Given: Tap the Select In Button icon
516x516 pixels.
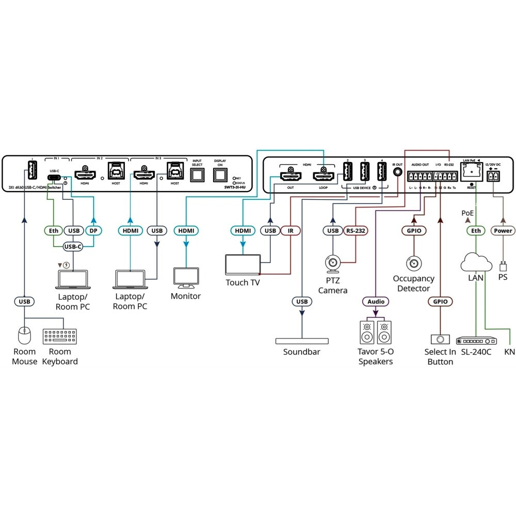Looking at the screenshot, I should click(440, 340).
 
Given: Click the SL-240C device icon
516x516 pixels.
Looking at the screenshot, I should click(476, 341).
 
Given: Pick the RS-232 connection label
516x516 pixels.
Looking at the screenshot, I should click(356, 231).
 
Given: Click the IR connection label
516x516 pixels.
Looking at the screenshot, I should click(290, 231).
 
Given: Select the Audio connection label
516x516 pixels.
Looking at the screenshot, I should click(376, 301).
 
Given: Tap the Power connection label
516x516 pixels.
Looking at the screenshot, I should click(503, 231).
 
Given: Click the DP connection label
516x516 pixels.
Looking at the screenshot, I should click(94, 231).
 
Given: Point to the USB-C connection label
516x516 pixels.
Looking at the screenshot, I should click(73, 247).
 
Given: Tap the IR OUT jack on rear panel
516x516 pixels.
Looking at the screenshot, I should click(397, 172).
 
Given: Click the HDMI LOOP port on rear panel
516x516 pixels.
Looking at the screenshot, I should click(323, 176).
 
